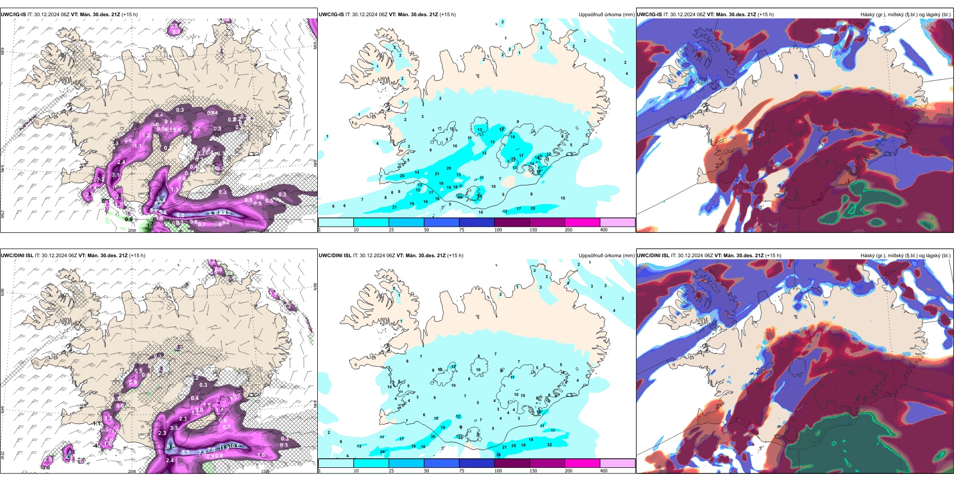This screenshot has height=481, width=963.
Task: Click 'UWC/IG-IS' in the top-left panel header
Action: [13, 15]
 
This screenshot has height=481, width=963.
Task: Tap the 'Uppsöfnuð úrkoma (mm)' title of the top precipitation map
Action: [606, 15]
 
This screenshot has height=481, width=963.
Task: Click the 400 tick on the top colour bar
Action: [604, 230]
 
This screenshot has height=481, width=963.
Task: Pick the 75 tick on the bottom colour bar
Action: [462, 471]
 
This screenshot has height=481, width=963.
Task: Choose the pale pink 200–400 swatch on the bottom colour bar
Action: [617, 463]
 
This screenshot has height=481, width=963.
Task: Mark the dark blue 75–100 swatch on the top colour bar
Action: [476, 222]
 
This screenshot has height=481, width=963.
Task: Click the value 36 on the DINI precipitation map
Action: [498, 455]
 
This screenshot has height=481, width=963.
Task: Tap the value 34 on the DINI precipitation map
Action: [382, 452]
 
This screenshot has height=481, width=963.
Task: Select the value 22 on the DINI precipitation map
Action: [549, 445]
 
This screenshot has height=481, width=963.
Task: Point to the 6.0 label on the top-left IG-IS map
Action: [180, 215]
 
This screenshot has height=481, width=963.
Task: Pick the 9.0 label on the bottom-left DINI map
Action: [171, 447]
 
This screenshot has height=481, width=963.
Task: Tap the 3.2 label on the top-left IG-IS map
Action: [100, 179]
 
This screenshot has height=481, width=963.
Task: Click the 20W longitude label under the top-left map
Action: [132, 230]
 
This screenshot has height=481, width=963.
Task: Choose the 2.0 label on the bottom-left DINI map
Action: [48, 459]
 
